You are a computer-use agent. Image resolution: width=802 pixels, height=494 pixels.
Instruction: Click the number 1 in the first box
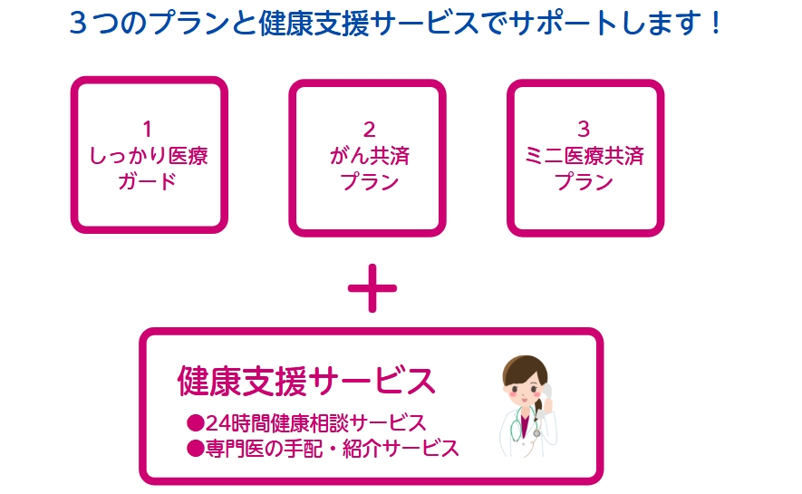149,129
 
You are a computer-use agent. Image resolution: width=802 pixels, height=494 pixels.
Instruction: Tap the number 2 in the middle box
368,129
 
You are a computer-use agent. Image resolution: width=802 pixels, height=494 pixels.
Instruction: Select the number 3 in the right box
585,129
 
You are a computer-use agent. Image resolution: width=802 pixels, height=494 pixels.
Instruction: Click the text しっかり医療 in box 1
149,155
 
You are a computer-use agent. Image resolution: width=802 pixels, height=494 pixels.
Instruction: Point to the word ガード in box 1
149,181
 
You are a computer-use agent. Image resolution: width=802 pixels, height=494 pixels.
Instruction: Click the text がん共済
368,155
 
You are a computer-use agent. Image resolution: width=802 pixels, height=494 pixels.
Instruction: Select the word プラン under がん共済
368,181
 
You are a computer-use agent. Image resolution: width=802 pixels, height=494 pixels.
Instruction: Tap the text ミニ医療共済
585,155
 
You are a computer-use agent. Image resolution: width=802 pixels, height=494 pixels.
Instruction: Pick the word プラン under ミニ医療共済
585,181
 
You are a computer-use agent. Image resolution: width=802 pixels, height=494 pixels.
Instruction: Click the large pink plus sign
372,288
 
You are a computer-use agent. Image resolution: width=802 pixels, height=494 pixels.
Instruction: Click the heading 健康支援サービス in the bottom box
306,382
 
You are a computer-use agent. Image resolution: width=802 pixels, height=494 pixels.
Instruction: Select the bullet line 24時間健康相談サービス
314,422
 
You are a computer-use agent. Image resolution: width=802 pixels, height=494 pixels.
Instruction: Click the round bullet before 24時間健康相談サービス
193,422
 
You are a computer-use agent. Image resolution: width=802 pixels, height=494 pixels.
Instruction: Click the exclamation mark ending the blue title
716,23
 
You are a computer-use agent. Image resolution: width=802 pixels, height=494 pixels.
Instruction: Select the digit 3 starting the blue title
79,23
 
